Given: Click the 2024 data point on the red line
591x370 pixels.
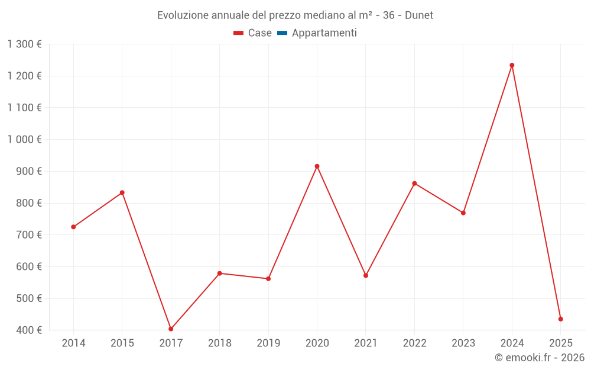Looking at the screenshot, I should [512, 65].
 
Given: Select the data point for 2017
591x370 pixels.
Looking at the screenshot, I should [171, 329].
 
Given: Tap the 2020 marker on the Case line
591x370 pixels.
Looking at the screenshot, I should [317, 166].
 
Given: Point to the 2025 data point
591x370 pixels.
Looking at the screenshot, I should [560, 319].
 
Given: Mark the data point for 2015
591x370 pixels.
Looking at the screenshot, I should [122, 192].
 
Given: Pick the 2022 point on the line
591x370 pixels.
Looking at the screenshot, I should [414, 184].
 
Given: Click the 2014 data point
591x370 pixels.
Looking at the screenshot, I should [73, 227].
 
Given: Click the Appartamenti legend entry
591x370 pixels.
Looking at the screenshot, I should [324, 33].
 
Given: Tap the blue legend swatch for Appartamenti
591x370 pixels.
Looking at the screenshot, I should [282, 33].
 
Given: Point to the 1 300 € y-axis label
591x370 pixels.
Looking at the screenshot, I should [25, 44].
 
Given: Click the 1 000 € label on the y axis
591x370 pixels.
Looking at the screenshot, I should [25, 139].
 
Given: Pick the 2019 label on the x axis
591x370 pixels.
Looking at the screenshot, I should [268, 343].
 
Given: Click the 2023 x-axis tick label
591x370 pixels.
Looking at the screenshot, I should [463, 343].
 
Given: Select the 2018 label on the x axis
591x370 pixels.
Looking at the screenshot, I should [219, 343].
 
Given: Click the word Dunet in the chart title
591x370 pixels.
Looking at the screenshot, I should [419, 15].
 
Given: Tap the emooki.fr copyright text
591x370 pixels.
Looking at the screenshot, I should [540, 358].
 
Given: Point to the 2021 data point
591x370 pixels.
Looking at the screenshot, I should [366, 275].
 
